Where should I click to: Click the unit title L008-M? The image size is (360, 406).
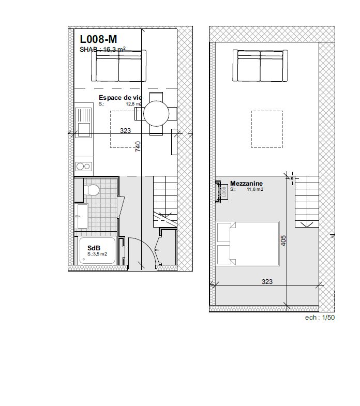click(98, 39)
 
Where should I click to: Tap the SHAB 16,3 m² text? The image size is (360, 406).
click(103, 50)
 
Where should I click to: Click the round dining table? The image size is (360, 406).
click(156, 113)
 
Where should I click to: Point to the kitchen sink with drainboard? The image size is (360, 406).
click(83, 123)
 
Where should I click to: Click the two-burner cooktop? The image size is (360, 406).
click(83, 166)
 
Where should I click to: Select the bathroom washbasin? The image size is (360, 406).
click(82, 216)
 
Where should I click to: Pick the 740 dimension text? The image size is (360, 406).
click(138, 146)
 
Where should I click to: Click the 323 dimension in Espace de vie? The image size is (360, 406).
click(125, 131)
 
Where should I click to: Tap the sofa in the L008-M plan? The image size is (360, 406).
click(119, 66)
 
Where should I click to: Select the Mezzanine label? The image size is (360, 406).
click(247, 184)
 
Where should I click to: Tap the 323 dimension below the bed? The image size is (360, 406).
click(267, 282)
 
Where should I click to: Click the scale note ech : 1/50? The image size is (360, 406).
click(320, 318)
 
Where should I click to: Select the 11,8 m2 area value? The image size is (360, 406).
click(255, 190)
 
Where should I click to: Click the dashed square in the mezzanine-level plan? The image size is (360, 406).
click(267, 129)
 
